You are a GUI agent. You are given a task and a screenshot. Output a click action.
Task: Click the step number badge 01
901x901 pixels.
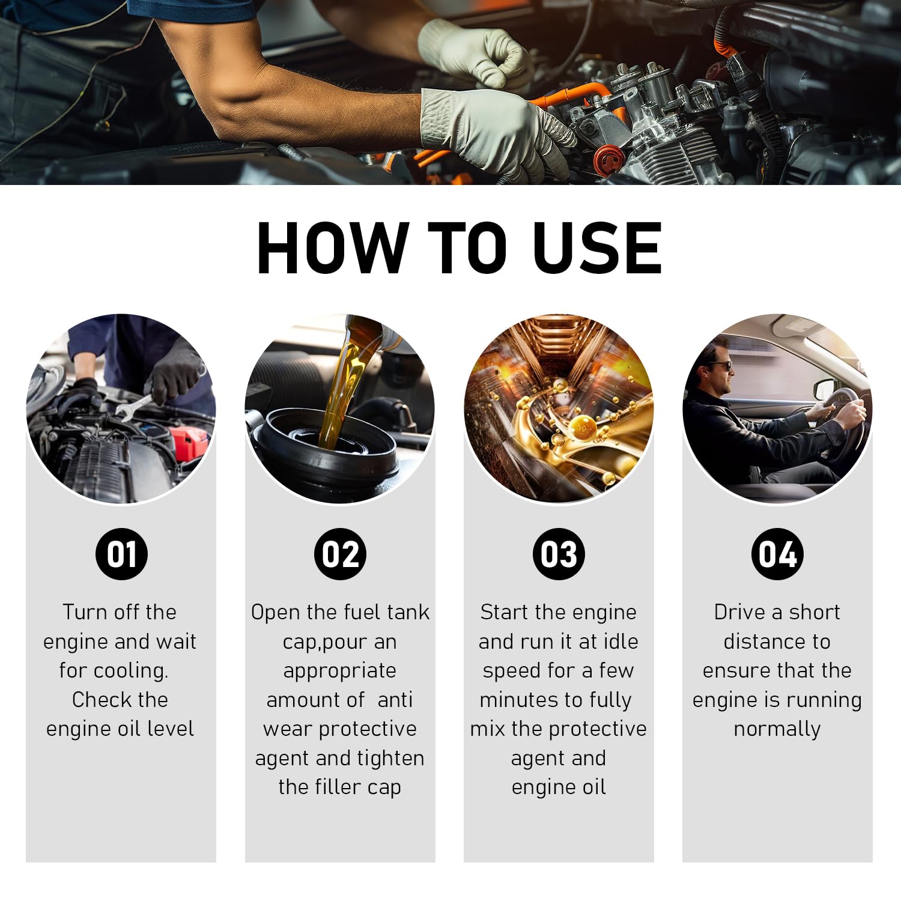(x=121, y=554)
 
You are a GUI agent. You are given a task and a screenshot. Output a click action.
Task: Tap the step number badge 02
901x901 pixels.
(x=340, y=554)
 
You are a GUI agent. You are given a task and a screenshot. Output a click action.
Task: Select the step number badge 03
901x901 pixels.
(x=559, y=554)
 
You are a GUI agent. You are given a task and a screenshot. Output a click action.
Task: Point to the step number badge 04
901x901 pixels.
(x=777, y=554)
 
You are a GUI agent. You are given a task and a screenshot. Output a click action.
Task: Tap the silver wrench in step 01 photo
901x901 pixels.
(x=133, y=408)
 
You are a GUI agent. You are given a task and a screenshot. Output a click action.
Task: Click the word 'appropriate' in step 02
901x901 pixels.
(x=339, y=670)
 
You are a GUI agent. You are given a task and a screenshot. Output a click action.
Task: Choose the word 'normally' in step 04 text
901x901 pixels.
(x=777, y=729)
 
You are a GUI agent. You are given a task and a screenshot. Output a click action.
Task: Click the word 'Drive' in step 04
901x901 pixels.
(x=739, y=612)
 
